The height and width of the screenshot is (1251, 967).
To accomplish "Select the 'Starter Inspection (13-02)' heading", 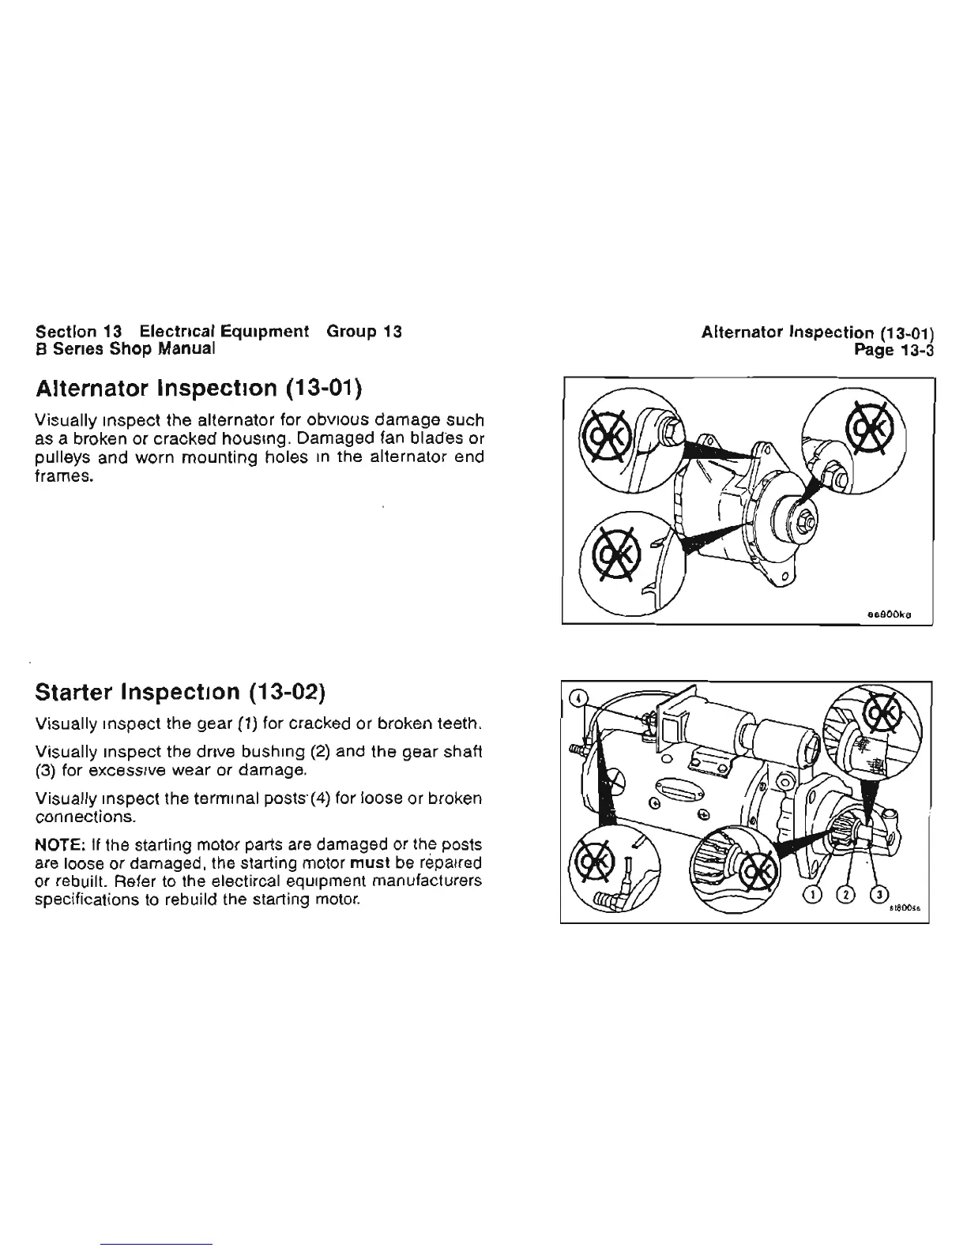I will [x=181, y=693].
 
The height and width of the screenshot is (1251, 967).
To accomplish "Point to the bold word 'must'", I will [x=365, y=861].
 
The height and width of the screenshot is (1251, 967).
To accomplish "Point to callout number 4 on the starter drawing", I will [x=580, y=698].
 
